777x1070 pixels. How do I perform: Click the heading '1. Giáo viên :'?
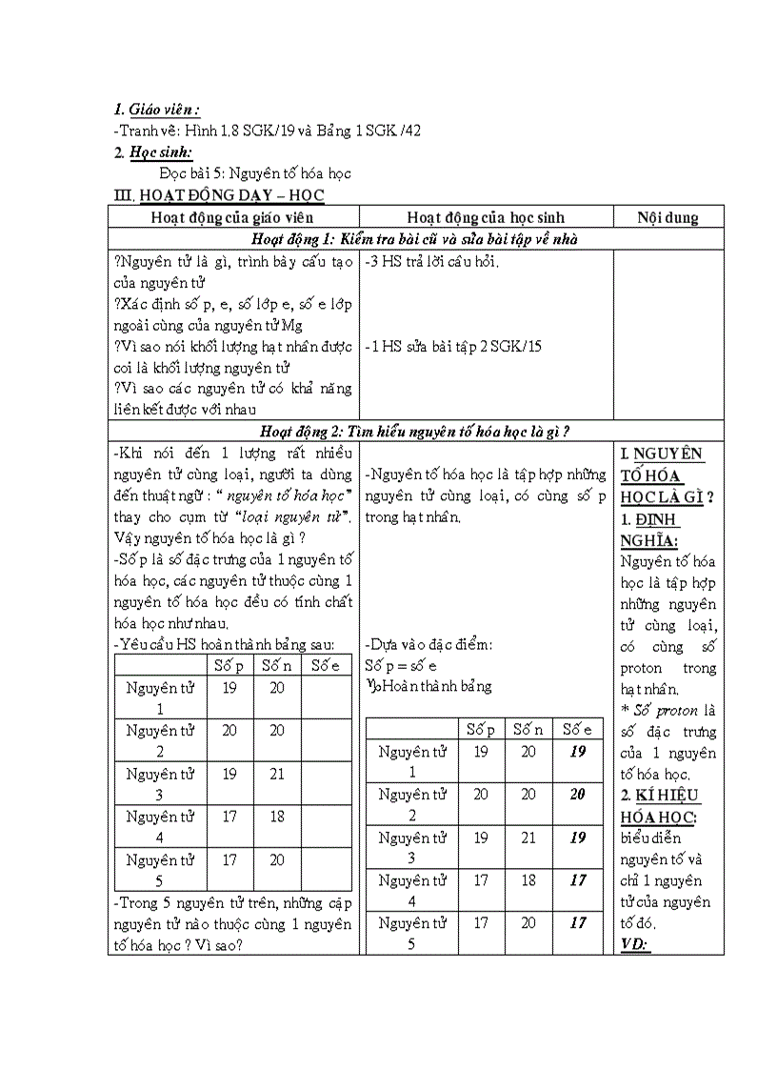point(156,110)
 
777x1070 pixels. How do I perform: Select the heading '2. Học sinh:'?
point(152,151)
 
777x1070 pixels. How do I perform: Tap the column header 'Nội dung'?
point(667,217)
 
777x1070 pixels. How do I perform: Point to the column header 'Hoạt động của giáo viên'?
point(232,217)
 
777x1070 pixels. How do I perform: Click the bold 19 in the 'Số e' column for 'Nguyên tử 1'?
point(578,751)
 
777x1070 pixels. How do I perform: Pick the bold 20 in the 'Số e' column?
point(578,794)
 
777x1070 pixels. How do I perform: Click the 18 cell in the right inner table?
point(528,880)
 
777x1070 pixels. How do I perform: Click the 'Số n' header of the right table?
point(528,730)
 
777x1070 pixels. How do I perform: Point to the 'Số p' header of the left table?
point(229,665)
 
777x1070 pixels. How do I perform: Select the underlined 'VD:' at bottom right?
point(633,944)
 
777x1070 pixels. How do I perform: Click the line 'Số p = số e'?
point(401,665)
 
